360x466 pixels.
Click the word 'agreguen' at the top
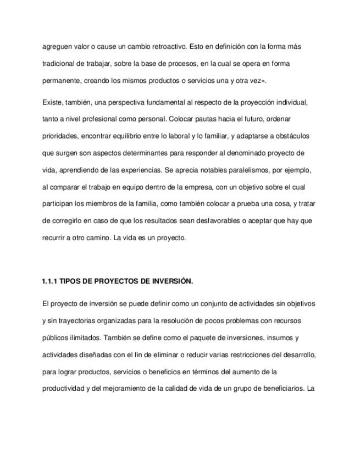tap(57, 47)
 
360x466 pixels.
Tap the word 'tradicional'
tap(58, 64)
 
